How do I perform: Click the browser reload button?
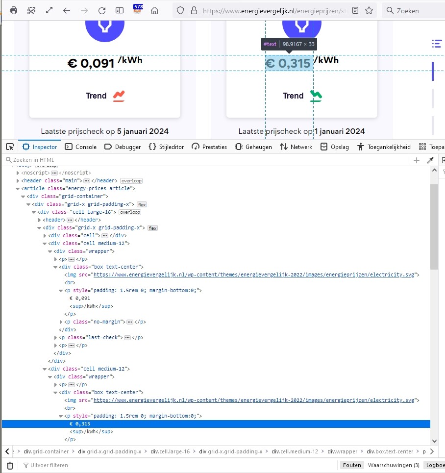(x=102, y=10)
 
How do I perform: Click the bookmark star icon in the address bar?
(x=369, y=10)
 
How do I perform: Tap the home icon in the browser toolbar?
(x=154, y=10)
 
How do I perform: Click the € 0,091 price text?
(x=91, y=63)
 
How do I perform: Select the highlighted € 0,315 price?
(x=289, y=63)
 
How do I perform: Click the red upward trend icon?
(x=119, y=96)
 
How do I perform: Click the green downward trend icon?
(x=316, y=96)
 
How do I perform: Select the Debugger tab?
(x=123, y=147)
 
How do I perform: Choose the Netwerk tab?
(x=296, y=147)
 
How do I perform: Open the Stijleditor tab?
(x=167, y=147)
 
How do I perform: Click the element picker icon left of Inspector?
(x=9, y=147)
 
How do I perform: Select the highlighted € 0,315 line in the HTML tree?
(x=80, y=424)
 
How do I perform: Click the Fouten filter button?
(x=352, y=465)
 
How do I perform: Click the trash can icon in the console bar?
(x=10, y=465)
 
